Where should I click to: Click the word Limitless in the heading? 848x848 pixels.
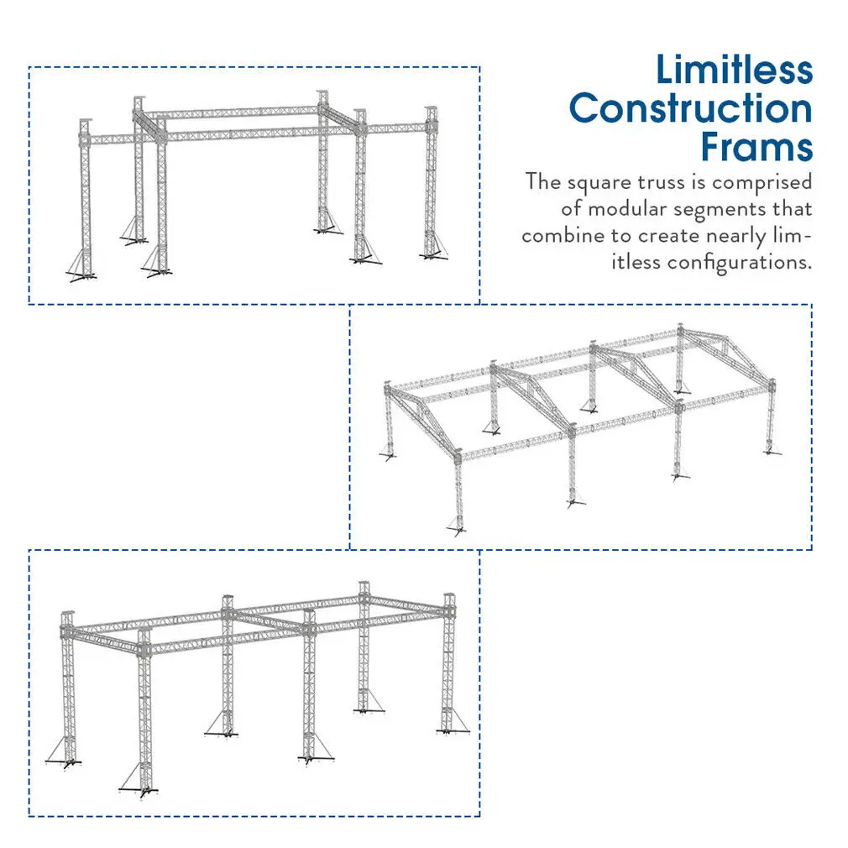734,70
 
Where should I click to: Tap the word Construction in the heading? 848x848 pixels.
690,109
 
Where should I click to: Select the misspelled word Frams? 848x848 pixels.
756,148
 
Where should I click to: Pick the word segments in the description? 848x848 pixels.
728,209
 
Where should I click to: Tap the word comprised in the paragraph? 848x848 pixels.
762,182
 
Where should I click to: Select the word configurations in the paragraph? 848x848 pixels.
740,262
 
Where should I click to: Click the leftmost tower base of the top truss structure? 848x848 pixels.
82,273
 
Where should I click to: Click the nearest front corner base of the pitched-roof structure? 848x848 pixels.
458,526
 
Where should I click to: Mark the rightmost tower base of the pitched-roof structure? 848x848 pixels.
770,449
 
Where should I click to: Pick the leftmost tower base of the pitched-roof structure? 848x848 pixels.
390,454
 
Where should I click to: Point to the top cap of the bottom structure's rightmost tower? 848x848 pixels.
448,598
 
